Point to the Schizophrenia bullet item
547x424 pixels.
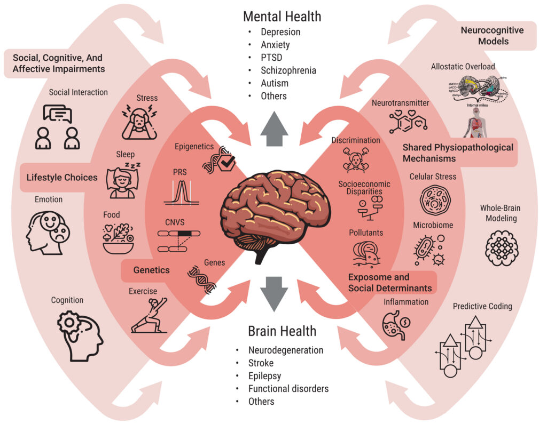[x=288, y=70]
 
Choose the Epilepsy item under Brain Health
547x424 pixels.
[x=264, y=376]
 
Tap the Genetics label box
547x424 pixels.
[x=151, y=270]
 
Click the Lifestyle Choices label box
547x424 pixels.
[x=59, y=177]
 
